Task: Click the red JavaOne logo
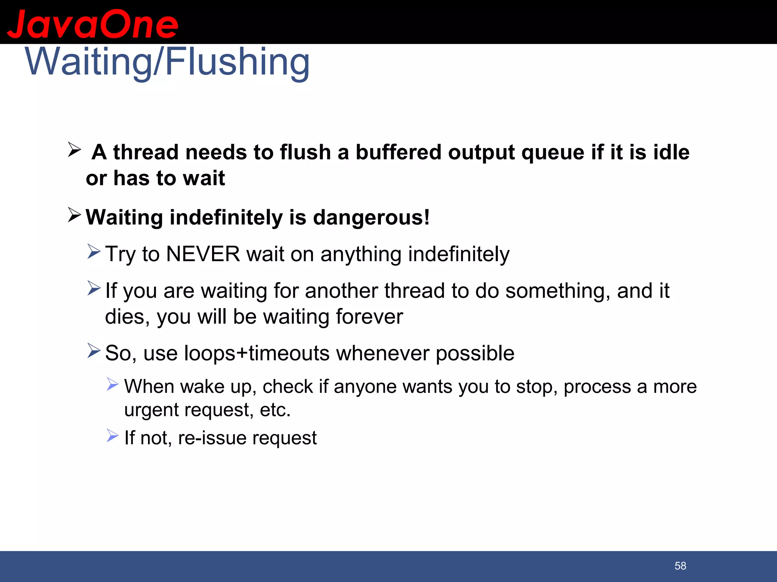pyautogui.click(x=92, y=24)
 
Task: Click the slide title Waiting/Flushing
pyautogui.click(x=167, y=62)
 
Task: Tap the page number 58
pyautogui.click(x=680, y=566)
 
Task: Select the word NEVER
pyautogui.click(x=203, y=254)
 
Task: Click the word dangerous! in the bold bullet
pyautogui.click(x=371, y=217)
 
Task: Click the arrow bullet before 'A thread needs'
pyautogui.click(x=74, y=150)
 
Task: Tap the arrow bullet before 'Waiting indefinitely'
pyautogui.click(x=74, y=215)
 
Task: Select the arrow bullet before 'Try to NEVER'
pyautogui.click(x=94, y=252)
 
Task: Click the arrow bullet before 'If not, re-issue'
pyautogui.click(x=112, y=435)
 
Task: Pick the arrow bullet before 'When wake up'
pyautogui.click(x=112, y=384)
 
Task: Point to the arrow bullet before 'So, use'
pyautogui.click(x=94, y=350)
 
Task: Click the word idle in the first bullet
pyautogui.click(x=671, y=152)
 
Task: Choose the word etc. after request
pyautogui.click(x=275, y=410)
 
